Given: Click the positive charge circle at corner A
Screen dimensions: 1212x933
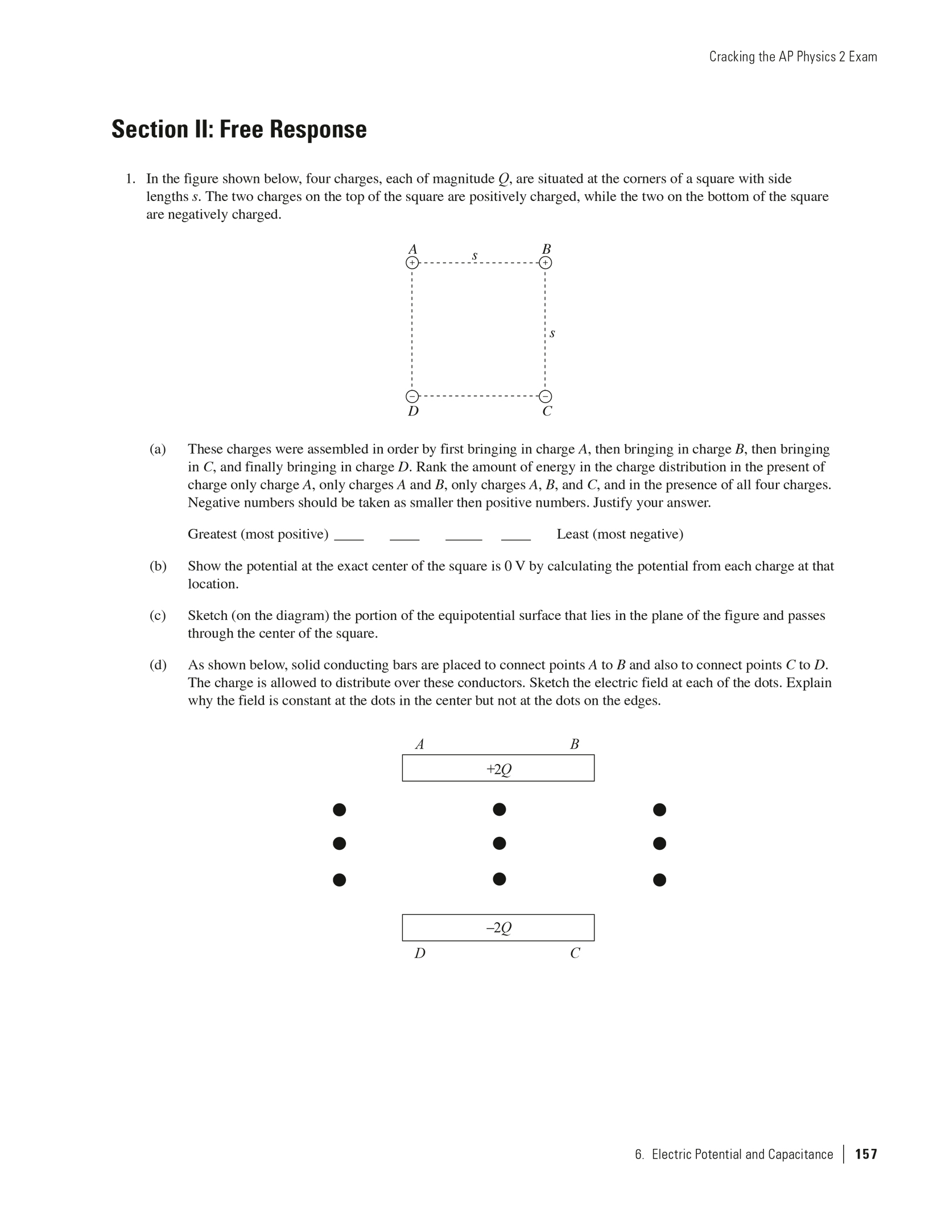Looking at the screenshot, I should [412, 263].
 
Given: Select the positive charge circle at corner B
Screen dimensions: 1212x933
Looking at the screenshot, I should [545, 263].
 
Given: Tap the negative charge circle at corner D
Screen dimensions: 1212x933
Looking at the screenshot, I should [412, 396].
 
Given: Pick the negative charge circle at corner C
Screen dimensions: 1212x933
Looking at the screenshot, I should [545, 396].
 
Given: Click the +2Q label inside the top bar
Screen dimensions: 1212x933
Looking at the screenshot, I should [498, 770].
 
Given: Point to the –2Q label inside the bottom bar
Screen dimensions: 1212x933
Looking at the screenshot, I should [498, 928].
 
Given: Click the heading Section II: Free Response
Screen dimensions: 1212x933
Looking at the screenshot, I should [239, 129].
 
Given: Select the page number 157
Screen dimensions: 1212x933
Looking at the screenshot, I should [866, 1154].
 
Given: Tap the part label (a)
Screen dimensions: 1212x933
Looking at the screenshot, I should [158, 449].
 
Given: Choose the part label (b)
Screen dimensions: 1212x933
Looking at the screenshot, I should [158, 566].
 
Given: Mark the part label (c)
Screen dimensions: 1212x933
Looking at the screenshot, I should [158, 615].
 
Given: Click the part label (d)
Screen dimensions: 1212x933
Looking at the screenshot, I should [158, 665].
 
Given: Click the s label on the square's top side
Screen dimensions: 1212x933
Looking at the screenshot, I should [474, 256].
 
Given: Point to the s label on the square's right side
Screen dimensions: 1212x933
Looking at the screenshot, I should [552, 333].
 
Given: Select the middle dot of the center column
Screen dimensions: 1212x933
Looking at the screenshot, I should [499, 843].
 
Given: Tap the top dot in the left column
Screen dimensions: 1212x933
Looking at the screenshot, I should [339, 810].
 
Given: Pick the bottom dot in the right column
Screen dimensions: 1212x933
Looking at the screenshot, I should [659, 880].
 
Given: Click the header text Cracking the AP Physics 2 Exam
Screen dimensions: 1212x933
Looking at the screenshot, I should [792, 57].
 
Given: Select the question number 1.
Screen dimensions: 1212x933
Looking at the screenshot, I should [130, 179].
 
